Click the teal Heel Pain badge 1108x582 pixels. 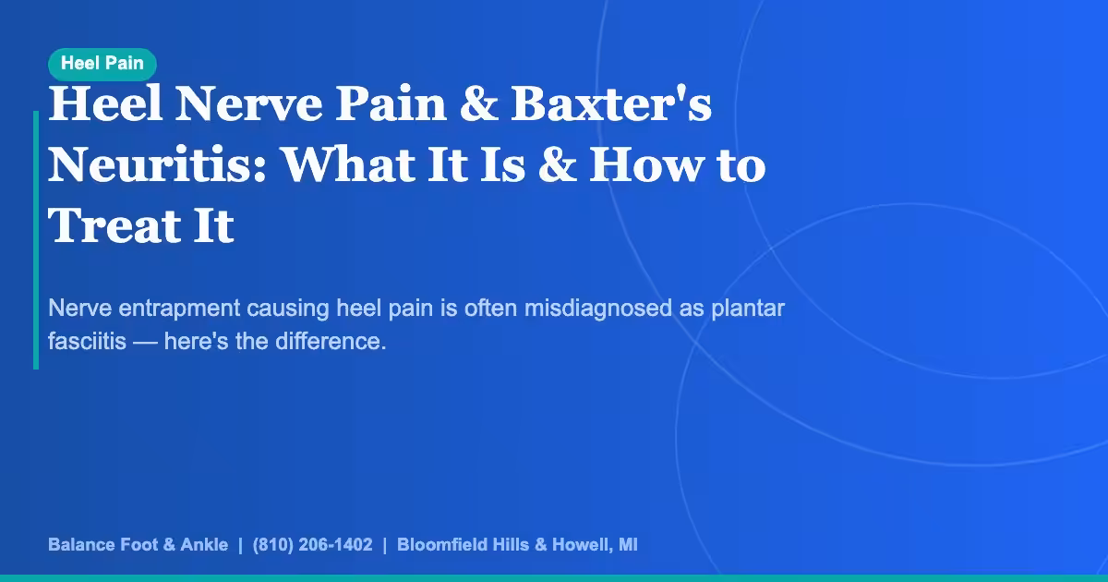coord(102,64)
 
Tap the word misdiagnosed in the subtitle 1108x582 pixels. coord(599,308)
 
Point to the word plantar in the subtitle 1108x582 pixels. coord(748,308)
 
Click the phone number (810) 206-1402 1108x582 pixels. coord(312,545)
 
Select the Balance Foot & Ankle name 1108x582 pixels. coord(138,545)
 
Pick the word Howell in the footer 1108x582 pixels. coord(580,545)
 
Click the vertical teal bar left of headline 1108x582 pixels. coord(36,240)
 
